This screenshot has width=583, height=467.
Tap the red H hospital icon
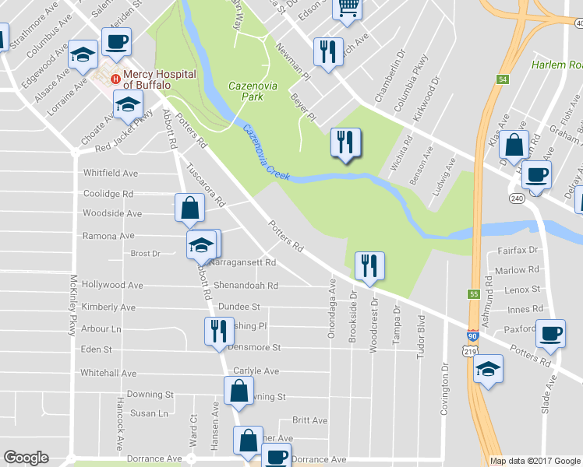click(115, 78)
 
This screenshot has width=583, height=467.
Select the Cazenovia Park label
click(246, 91)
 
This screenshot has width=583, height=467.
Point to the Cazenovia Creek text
click(266, 153)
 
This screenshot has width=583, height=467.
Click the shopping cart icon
click(348, 8)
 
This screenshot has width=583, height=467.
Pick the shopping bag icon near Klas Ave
click(514, 144)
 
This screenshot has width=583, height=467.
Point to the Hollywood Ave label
click(112, 286)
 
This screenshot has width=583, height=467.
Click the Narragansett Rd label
click(243, 263)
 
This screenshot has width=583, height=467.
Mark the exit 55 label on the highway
click(473, 293)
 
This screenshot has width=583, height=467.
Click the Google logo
click(26, 458)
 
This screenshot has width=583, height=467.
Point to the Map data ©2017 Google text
click(535, 461)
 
